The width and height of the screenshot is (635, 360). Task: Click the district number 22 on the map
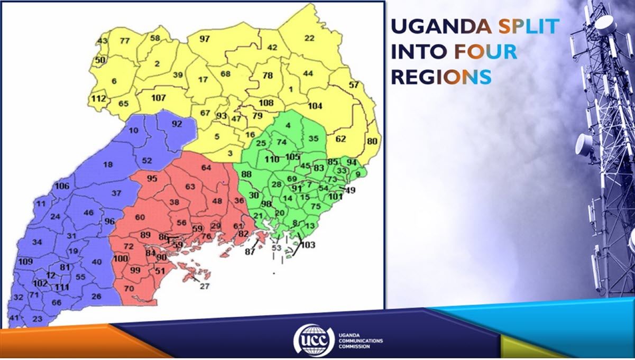pos(309,38)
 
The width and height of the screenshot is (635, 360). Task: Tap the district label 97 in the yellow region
pos(205,39)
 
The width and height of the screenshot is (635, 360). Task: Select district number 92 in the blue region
pos(177,125)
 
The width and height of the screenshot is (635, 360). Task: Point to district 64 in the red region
pos(206,168)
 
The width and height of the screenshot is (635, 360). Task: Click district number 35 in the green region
pos(314,139)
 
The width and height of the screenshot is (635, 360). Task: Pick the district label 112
pos(98,99)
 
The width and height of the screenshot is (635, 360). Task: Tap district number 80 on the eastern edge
pos(373,141)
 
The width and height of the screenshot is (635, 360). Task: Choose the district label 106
pos(62,186)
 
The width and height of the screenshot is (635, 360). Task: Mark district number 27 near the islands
pos(205,286)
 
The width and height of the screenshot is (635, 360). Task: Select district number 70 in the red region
pos(128,289)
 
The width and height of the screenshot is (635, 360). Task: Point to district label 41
pos(14,318)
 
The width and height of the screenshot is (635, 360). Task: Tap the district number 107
pos(159,98)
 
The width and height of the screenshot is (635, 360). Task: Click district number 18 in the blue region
pos(108,165)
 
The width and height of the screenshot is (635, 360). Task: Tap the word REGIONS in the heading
pos(441,77)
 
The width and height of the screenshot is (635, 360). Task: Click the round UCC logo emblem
pos(314,339)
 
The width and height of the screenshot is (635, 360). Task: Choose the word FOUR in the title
pos(485,51)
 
